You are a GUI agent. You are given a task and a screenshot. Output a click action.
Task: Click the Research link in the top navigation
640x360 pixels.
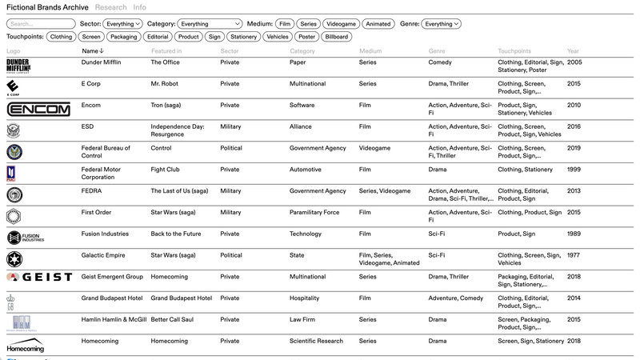point(110,7)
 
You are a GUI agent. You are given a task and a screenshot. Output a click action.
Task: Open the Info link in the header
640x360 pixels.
point(139,7)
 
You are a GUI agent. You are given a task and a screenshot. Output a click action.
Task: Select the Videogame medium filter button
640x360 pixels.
point(340,24)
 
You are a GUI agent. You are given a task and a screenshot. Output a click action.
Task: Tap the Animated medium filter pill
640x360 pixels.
point(378,24)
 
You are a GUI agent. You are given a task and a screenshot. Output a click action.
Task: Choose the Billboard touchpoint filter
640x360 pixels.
point(337,37)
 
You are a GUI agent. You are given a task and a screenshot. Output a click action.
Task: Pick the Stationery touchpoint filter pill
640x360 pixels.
point(243,37)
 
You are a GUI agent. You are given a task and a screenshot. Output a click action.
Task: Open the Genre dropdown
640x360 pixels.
point(441,24)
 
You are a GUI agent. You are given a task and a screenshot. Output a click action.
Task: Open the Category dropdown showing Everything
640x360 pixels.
point(210,24)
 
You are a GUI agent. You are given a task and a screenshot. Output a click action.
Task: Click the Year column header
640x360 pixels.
point(573,51)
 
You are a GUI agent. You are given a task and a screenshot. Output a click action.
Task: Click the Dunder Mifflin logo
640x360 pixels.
point(18,66)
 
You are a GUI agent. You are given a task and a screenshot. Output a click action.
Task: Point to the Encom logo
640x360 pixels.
point(38,109)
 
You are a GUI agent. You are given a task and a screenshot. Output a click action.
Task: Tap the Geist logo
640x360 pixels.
point(39,277)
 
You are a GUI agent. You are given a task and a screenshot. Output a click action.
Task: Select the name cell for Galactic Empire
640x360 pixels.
point(101,255)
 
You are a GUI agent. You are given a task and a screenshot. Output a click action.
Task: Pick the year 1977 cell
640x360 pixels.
point(573,255)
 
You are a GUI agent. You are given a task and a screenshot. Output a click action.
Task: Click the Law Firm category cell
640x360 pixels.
point(304,320)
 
